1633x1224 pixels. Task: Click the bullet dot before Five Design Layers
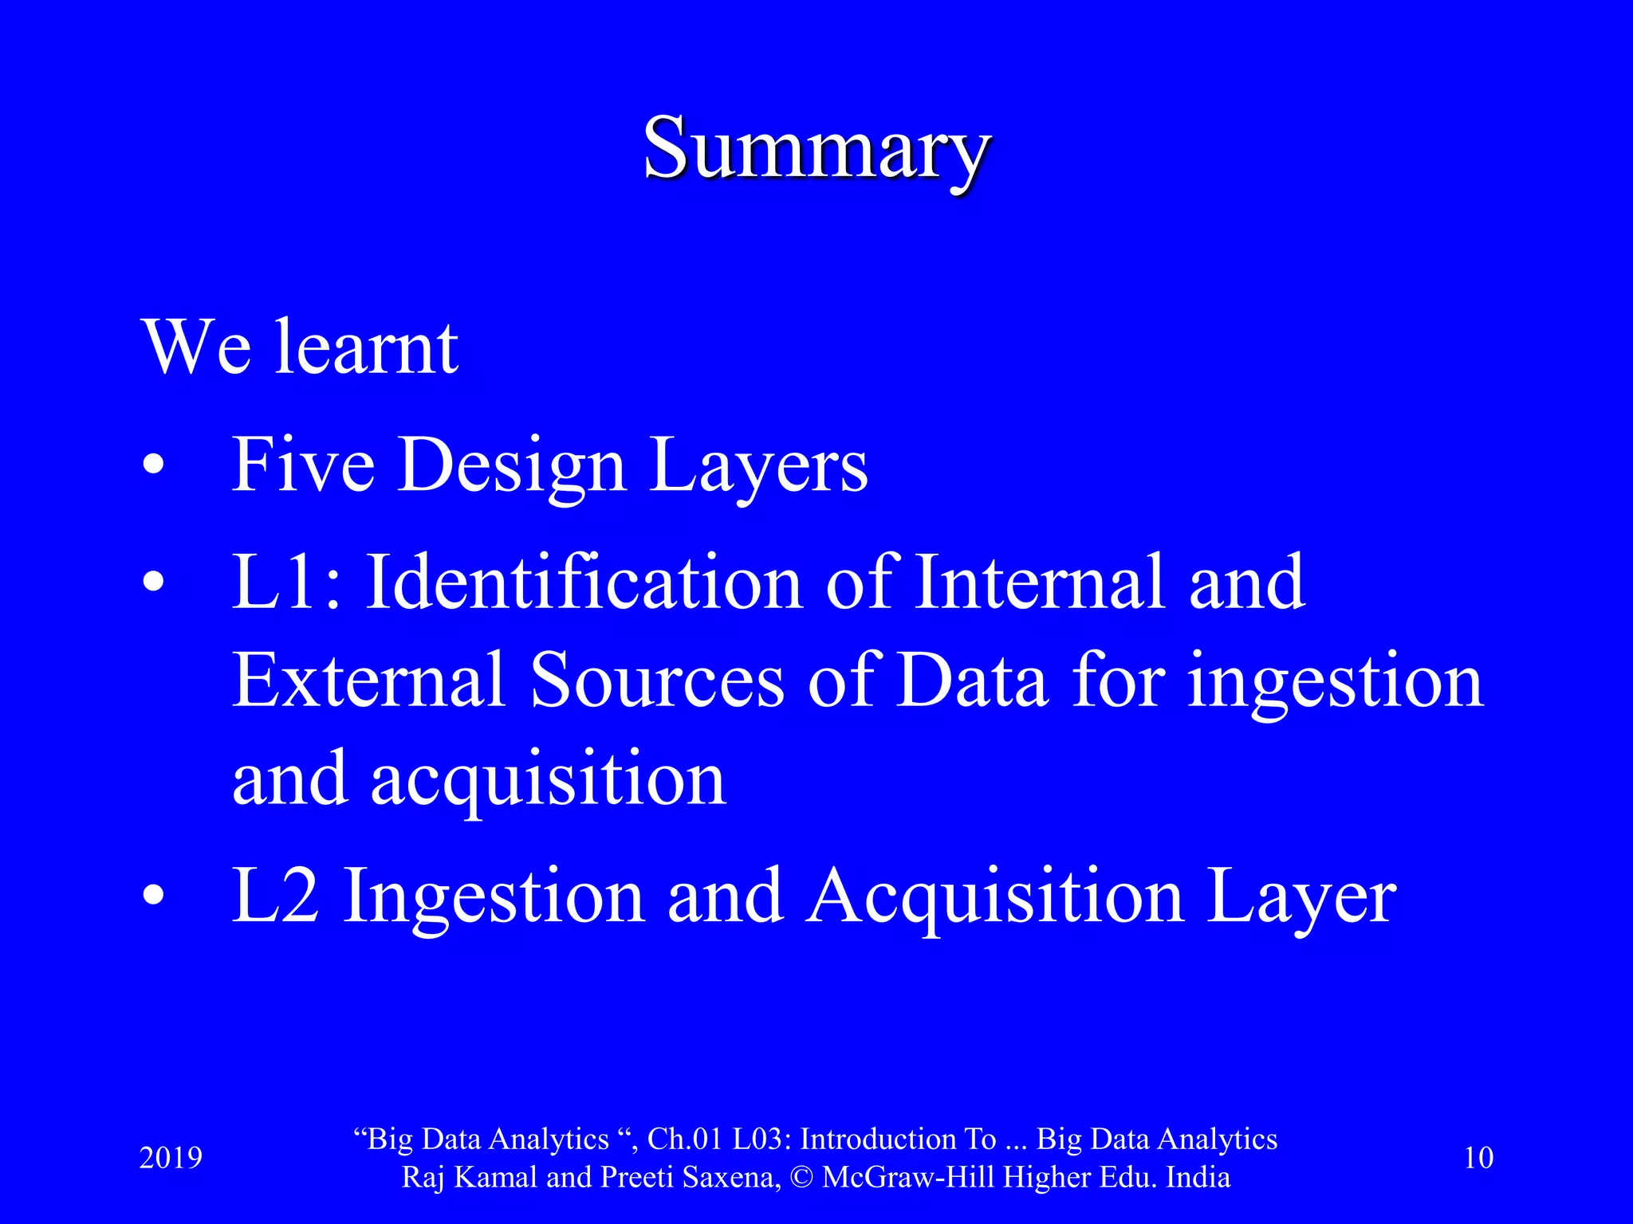point(154,465)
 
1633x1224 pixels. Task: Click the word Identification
point(584,583)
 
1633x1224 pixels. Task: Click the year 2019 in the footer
point(171,1158)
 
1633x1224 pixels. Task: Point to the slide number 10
point(1479,1158)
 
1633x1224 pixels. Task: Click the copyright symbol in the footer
point(802,1178)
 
